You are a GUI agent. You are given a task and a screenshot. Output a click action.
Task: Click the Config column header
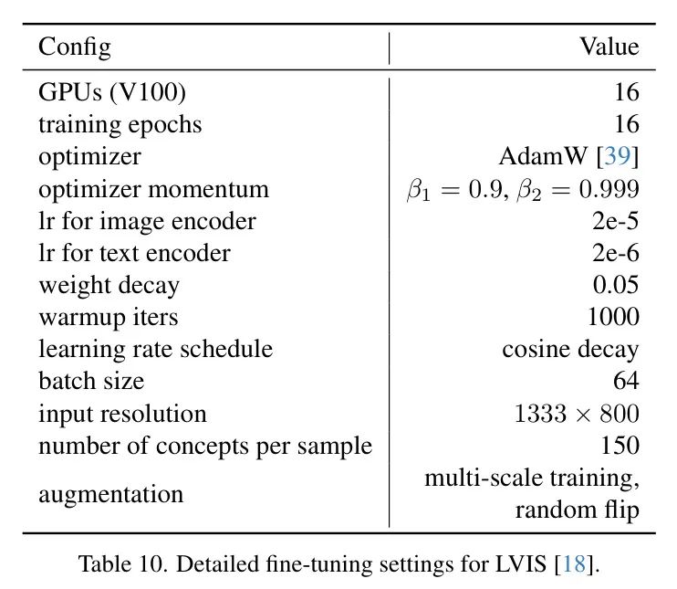coord(74,47)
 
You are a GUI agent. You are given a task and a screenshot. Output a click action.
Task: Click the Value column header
coord(609,47)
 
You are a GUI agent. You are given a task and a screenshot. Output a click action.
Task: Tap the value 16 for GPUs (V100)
coord(626,92)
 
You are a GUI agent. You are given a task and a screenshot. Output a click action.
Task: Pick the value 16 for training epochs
coord(626,124)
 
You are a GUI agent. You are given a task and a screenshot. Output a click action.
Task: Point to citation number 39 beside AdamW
coord(618,156)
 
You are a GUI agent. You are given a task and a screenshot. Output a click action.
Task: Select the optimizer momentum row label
coord(153,189)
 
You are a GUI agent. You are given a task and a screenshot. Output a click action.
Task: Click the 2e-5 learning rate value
coord(614,221)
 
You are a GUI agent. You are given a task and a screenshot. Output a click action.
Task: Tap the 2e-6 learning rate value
coord(614,253)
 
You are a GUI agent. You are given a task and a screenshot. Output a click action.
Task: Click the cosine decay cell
coord(570,349)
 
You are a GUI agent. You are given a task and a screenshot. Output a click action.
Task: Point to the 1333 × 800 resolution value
coord(577,414)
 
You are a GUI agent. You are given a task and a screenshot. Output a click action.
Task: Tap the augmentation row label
coord(110,494)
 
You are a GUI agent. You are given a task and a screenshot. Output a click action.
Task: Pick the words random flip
coord(577,510)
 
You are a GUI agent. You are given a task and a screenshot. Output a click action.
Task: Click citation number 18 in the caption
coord(576,563)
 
